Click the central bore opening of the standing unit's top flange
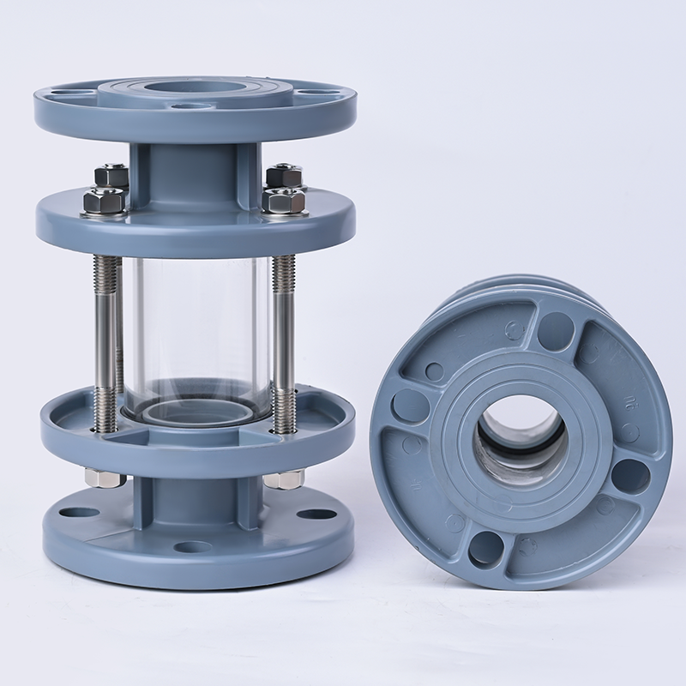click(194, 88)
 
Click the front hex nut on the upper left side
click(104, 202)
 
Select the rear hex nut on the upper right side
click(283, 177)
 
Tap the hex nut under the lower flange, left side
click(105, 478)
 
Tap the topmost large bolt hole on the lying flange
click(556, 331)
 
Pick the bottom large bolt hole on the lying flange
click(486, 546)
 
